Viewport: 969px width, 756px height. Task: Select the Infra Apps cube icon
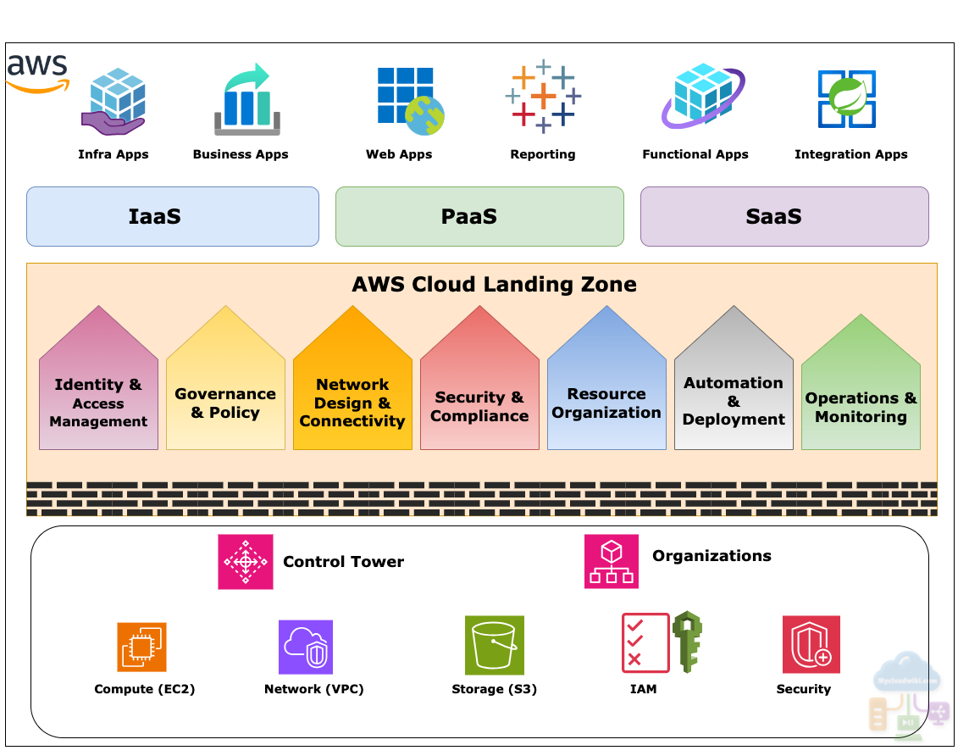[x=114, y=103]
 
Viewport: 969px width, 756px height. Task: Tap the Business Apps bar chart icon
[x=246, y=101]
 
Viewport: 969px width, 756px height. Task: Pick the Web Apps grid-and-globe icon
[x=410, y=101]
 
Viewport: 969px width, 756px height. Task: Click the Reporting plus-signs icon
[x=543, y=97]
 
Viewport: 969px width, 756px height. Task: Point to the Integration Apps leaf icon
[x=846, y=99]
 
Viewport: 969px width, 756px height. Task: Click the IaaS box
[x=173, y=216]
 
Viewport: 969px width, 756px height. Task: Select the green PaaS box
[x=479, y=216]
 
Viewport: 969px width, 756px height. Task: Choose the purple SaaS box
[x=784, y=216]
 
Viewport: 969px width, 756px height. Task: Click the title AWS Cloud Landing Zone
[x=494, y=284]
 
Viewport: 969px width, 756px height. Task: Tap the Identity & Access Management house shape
[x=98, y=390]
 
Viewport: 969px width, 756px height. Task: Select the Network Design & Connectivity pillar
[x=352, y=390]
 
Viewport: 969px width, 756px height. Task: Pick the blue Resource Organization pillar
[x=606, y=390]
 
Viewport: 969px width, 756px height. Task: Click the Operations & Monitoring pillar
[x=861, y=394]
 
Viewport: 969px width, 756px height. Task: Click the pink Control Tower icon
[x=246, y=561]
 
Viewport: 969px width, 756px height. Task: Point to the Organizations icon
[x=612, y=561]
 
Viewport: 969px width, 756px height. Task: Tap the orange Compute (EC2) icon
[x=141, y=648]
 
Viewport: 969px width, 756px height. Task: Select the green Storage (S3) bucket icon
[x=495, y=645]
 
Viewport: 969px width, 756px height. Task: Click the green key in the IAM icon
[x=687, y=642]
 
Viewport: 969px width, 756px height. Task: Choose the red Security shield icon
[x=811, y=644]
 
